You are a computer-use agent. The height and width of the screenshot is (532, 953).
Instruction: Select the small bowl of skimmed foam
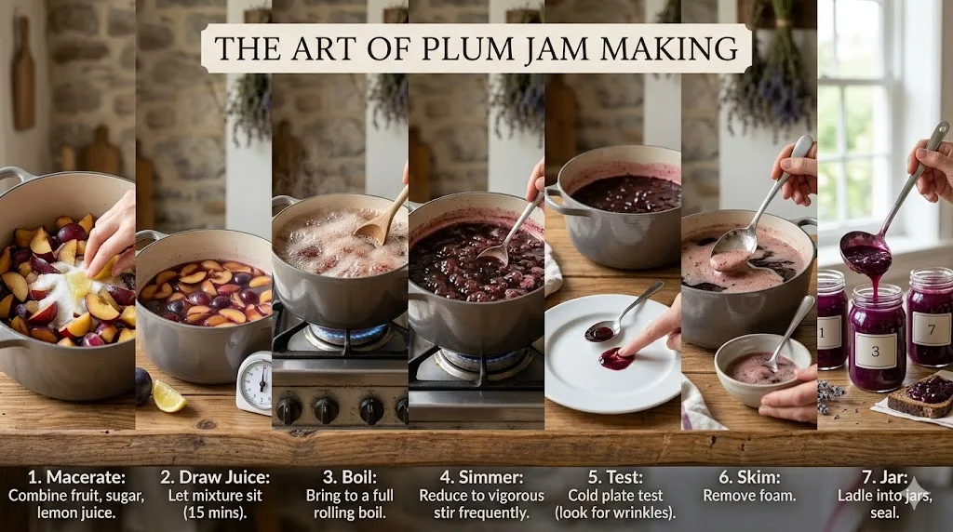761,368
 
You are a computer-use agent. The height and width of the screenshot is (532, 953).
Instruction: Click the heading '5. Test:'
612,477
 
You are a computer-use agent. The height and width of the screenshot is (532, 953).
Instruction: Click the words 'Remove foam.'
749,496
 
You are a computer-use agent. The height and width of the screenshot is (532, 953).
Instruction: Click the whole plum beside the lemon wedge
142,385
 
